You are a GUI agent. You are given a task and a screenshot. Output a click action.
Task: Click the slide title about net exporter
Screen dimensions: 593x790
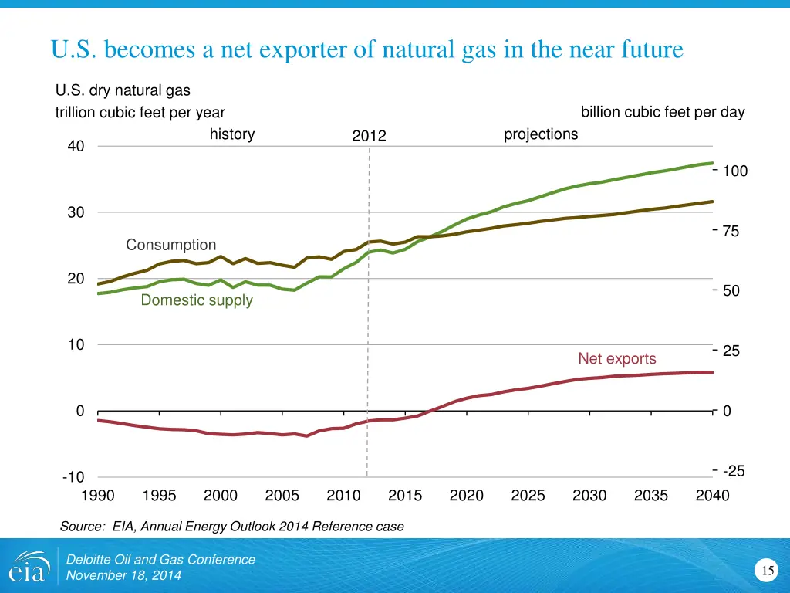[367, 50]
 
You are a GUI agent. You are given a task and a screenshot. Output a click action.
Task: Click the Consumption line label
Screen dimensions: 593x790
[171, 245]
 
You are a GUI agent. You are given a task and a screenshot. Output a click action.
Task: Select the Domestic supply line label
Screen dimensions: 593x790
[197, 300]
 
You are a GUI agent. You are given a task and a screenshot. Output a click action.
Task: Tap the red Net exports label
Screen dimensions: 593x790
[617, 359]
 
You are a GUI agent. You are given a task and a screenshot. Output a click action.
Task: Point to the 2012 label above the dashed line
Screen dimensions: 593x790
[369, 136]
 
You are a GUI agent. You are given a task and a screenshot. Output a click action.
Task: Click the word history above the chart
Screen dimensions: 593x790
[232, 134]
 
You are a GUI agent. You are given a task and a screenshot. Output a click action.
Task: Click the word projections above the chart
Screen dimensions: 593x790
[540, 134]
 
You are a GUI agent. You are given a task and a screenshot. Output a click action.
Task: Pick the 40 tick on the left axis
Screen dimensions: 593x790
[76, 147]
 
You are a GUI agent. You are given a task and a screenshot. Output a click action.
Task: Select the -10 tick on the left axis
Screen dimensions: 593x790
[74, 478]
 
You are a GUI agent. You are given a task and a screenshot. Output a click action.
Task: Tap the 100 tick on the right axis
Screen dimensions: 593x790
[734, 171]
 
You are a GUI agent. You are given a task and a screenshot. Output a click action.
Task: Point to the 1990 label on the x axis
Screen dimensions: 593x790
[98, 496]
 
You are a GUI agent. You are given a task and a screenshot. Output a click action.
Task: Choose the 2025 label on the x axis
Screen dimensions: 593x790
[528, 496]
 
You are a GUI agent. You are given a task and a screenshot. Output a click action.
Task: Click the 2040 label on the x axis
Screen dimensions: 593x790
[711, 496]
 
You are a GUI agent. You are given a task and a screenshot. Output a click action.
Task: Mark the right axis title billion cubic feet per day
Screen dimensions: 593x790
[663, 112]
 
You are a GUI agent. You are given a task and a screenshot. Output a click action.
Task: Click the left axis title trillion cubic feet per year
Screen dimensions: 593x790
[140, 113]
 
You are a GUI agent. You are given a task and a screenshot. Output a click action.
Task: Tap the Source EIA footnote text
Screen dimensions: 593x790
[231, 527]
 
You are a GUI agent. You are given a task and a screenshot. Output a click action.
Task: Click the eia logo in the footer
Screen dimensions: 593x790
[28, 567]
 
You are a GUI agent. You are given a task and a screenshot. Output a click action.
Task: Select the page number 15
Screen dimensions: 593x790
[767, 571]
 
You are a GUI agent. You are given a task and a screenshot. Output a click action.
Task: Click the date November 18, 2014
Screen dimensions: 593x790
[123, 575]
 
